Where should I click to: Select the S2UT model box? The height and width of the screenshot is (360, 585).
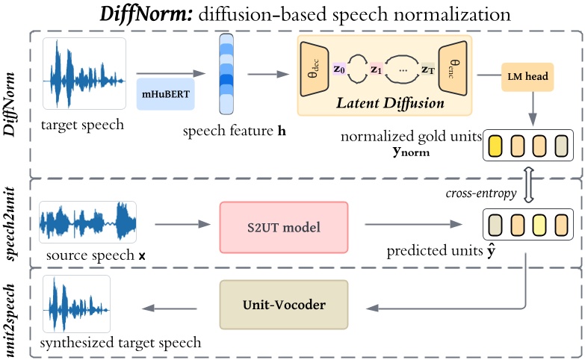[x=284, y=226]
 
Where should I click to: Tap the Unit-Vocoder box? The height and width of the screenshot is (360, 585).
[x=284, y=305]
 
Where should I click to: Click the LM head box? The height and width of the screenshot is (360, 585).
[x=528, y=76]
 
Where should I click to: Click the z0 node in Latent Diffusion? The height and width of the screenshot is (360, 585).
[x=339, y=69]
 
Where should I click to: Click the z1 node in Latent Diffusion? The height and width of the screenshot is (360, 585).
[x=377, y=69]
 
